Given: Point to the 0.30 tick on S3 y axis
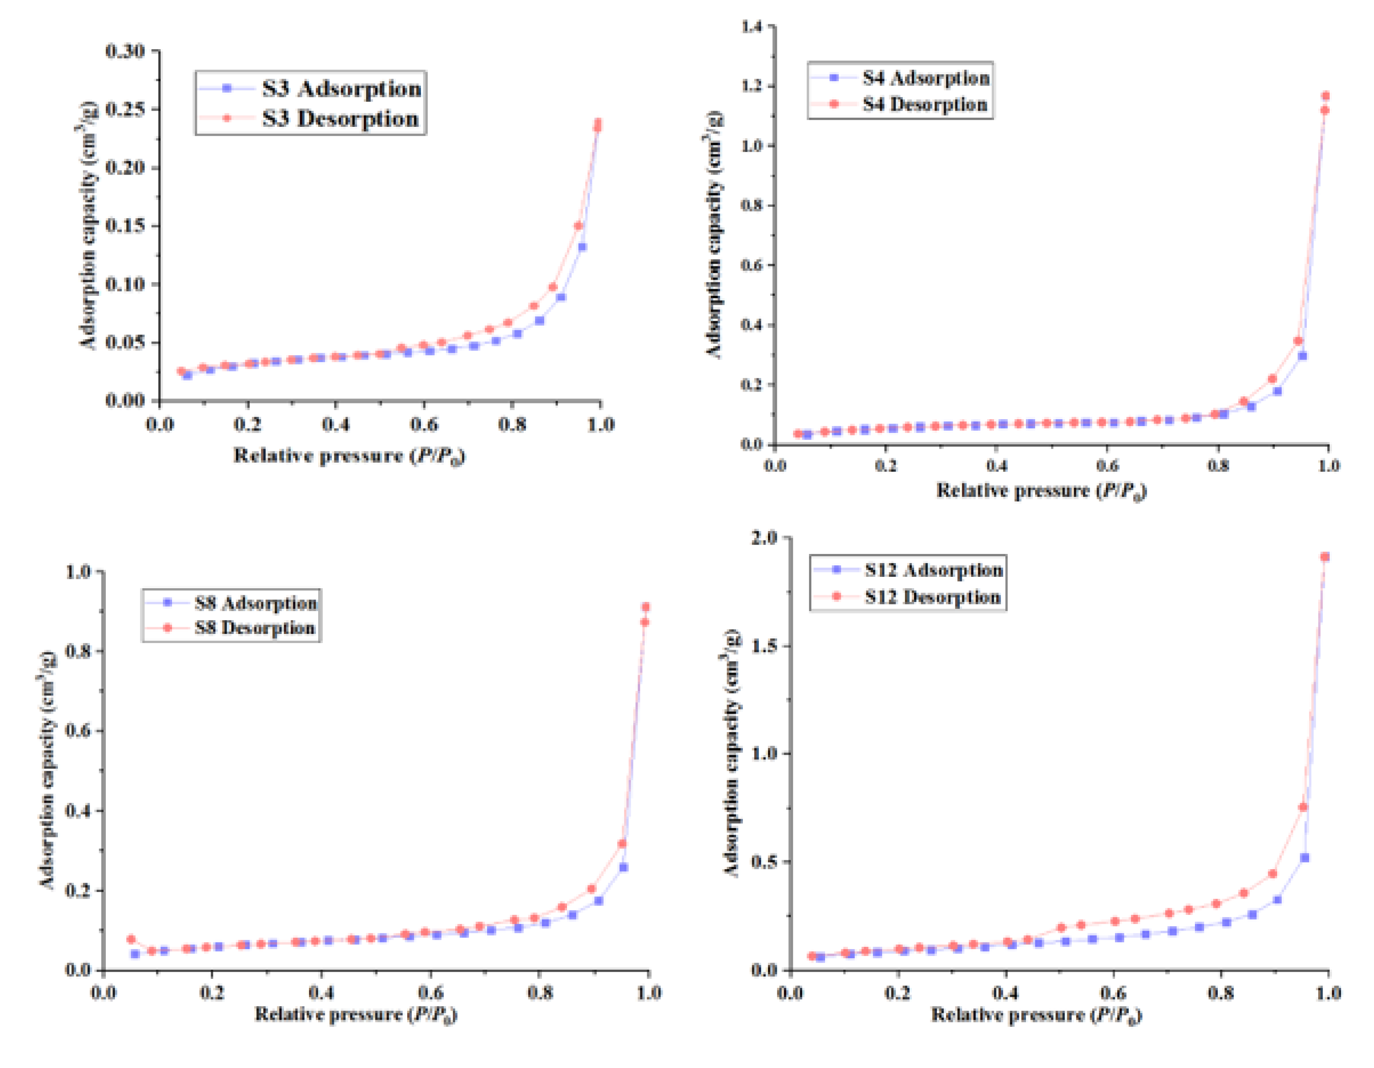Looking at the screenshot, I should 125,51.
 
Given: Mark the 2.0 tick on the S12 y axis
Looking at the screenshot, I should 764,537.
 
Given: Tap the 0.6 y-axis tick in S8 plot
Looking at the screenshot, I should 78,731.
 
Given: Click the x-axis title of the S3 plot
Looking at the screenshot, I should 349,456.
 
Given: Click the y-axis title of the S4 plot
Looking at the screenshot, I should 714,235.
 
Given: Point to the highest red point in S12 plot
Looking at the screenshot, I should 1324,557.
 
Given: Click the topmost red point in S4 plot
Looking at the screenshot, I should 1325,96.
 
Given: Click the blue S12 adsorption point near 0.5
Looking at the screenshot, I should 1305,858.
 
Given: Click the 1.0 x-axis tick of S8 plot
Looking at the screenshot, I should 649,993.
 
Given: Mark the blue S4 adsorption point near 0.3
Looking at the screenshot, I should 1302,356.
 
